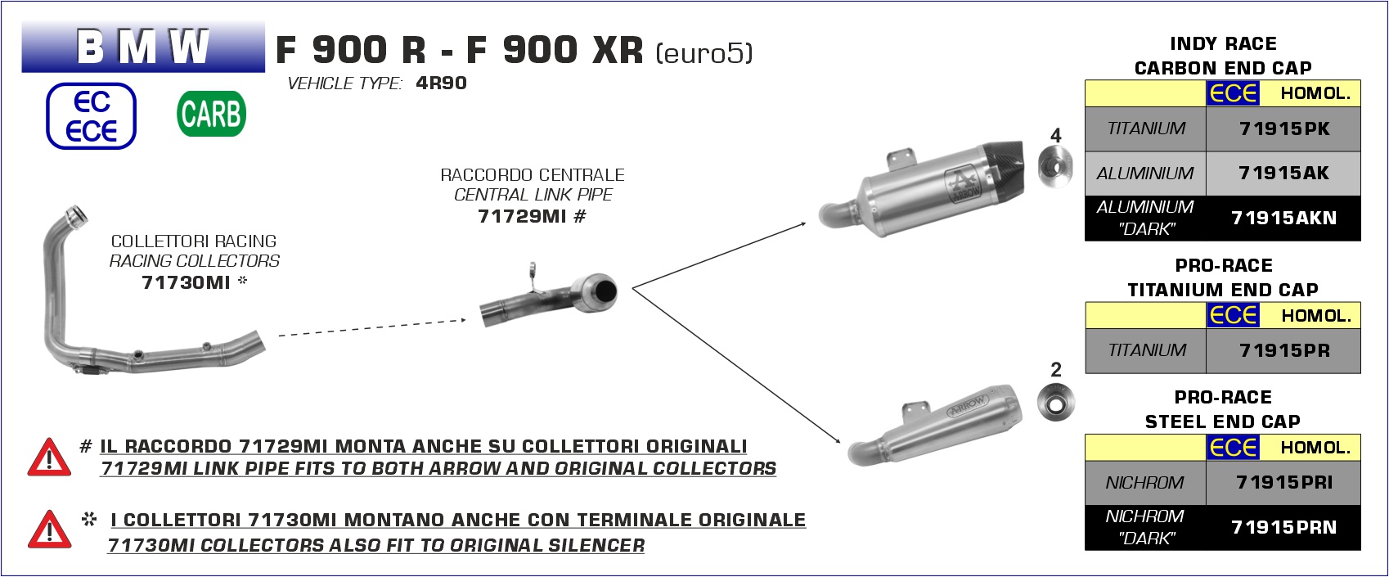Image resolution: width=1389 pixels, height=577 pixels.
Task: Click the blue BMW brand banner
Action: click(x=143, y=47)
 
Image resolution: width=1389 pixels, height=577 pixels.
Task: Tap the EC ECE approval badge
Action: click(x=91, y=116)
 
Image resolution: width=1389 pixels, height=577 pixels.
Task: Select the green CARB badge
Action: click(x=211, y=114)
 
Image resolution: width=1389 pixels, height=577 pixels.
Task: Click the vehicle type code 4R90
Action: click(x=441, y=83)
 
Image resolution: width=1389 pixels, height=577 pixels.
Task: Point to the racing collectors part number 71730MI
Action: click(x=186, y=282)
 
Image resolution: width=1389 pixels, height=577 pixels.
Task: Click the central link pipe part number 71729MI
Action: click(x=522, y=216)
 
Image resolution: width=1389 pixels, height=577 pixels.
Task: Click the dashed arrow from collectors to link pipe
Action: click(x=372, y=327)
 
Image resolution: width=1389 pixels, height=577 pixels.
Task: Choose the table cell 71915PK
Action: click(x=1283, y=128)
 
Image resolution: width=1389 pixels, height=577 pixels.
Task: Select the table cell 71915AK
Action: click(x=1283, y=174)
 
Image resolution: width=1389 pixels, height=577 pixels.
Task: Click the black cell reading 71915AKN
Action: click(x=1283, y=219)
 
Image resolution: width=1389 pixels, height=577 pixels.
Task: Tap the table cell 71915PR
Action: click(x=1283, y=351)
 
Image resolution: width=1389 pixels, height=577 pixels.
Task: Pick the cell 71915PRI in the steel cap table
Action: click(x=1283, y=483)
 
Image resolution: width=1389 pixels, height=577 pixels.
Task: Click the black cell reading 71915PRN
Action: click(x=1283, y=528)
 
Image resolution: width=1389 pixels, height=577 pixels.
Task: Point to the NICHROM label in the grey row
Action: click(x=1144, y=483)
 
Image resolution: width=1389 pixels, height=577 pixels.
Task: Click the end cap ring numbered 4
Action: click(x=1055, y=168)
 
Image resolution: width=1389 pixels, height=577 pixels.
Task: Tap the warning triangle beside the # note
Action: click(x=49, y=458)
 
